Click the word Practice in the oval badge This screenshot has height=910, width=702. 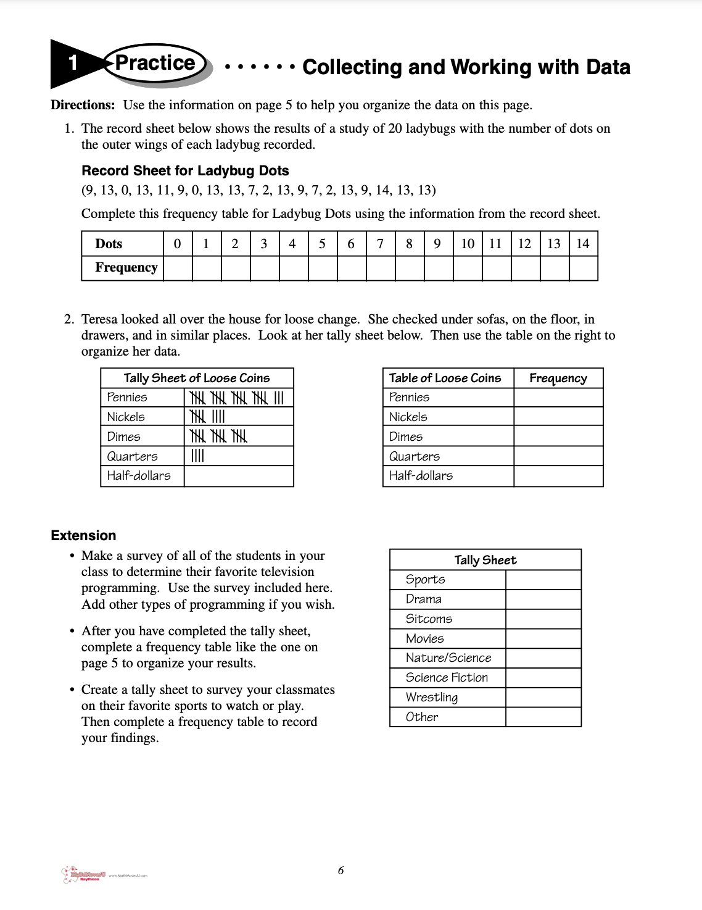point(155,63)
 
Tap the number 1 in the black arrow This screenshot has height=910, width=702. point(73,63)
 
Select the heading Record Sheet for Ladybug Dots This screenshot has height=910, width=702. point(185,171)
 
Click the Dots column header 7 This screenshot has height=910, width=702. point(380,244)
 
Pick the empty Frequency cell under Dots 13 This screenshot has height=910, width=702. point(554,269)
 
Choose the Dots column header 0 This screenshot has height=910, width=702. point(178,244)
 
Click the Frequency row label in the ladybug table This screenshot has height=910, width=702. point(126,267)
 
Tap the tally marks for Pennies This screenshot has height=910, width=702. point(237,398)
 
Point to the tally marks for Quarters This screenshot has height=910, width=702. point(197,456)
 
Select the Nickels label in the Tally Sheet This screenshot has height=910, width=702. point(126,417)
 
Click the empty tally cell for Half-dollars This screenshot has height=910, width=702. point(238,476)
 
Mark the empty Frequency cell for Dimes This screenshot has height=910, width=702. point(558,436)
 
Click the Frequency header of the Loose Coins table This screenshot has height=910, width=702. point(558,378)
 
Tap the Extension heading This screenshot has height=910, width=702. point(83,535)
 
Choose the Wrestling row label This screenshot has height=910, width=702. point(432,697)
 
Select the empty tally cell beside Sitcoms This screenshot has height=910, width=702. point(543,619)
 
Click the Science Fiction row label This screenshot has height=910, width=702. point(447,677)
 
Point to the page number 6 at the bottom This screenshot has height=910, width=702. point(341,870)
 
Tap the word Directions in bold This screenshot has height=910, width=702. point(83,105)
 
